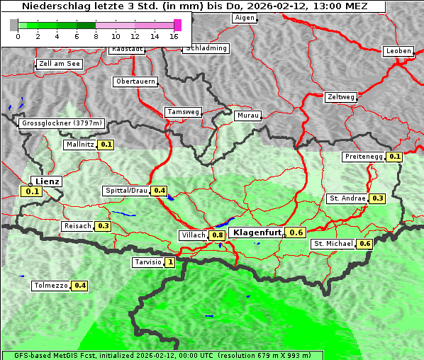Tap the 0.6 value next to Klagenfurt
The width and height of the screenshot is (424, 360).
pos(296,232)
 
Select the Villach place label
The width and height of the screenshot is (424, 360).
pos(194,235)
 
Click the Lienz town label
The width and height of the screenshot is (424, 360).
pos(48,181)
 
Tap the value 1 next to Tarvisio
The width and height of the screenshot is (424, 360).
pos(170,262)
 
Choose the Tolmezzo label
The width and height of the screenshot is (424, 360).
pos(51,286)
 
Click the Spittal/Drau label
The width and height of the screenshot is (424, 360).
pos(126,191)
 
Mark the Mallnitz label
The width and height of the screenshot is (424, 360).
pos(79,145)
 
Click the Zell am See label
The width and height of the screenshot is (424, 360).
pos(60,64)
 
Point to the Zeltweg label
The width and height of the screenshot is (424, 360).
pos(341,96)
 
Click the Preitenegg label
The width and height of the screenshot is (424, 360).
pos(364,157)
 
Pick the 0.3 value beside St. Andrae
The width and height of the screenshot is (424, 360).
pos(378,198)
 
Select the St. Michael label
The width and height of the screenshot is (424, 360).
pos(333,244)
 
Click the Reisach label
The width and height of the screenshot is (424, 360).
pos(77,226)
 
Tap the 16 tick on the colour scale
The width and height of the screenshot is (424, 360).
pos(174,35)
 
